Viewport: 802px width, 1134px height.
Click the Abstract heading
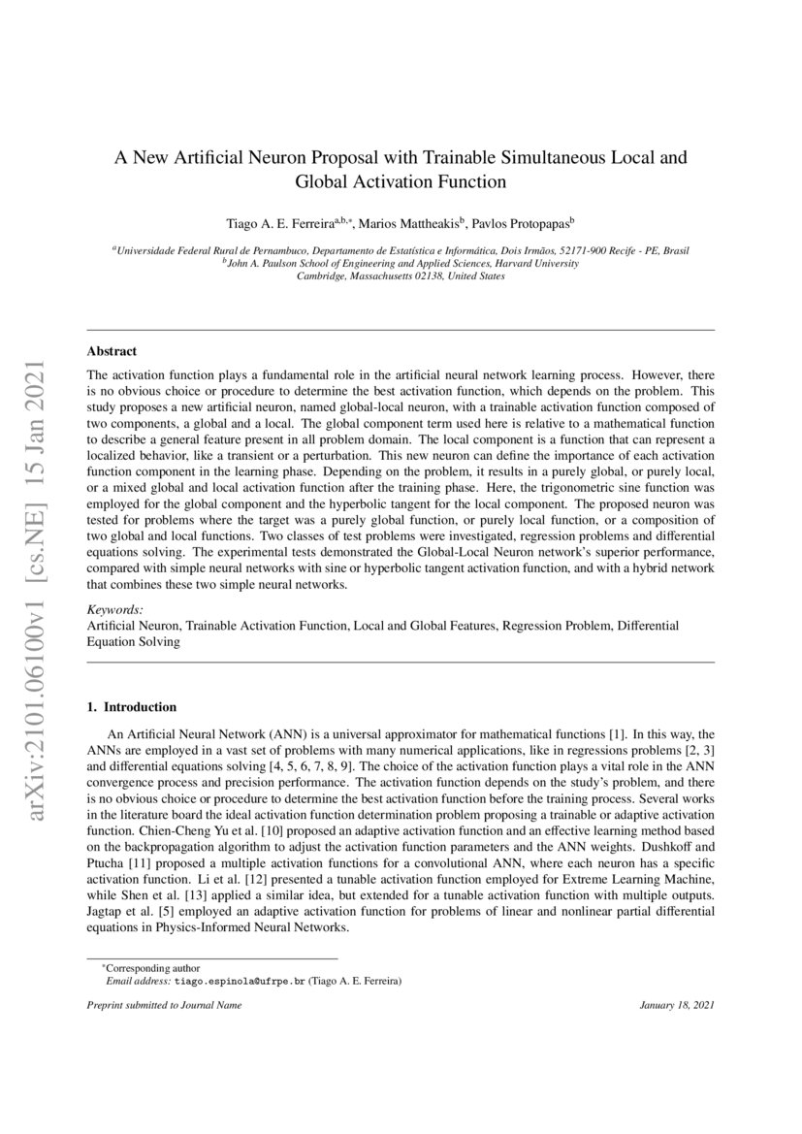click(x=112, y=351)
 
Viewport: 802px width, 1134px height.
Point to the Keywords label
click(x=115, y=609)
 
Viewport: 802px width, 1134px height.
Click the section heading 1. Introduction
click(x=132, y=707)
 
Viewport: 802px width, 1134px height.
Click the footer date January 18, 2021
click(x=677, y=1005)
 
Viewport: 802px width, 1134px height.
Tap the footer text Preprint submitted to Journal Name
click(x=165, y=1005)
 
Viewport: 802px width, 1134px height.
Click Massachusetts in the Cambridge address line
click(x=383, y=275)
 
